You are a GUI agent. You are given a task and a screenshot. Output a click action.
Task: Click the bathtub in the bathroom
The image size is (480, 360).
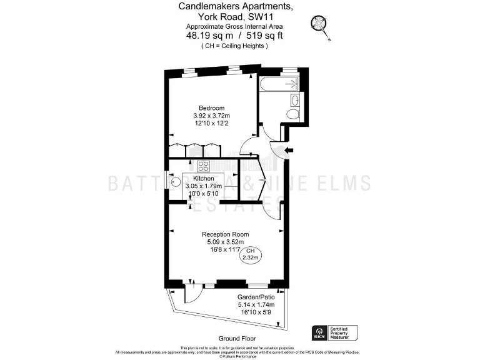pyautogui.click(x=280, y=84)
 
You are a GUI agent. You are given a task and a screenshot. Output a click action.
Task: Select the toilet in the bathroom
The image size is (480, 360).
pyautogui.click(x=293, y=113)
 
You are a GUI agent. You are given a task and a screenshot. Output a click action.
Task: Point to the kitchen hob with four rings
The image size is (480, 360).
pyautogui.click(x=203, y=166)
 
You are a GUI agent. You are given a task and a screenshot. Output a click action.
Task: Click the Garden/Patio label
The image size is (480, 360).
pyautogui.click(x=252, y=297)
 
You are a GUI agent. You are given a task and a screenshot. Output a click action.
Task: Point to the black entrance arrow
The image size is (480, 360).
pyautogui.click(x=289, y=150)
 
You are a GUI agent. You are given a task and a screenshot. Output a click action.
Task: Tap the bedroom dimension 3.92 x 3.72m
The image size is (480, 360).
pyautogui.click(x=211, y=116)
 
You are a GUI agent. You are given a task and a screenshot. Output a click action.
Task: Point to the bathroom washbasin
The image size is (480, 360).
pyautogui.click(x=295, y=99)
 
